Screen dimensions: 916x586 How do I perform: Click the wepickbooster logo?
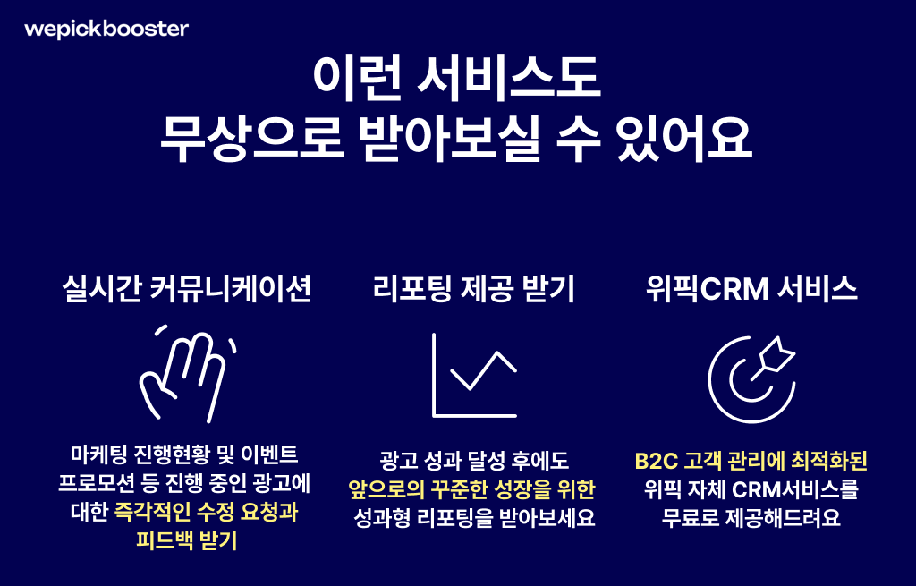[x=106, y=30]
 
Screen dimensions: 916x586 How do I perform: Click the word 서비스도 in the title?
[x=508, y=78]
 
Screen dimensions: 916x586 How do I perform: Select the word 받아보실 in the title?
[x=449, y=140]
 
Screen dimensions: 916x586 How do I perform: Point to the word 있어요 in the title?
[x=683, y=140]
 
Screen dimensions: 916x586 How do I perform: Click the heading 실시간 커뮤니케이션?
[x=187, y=289]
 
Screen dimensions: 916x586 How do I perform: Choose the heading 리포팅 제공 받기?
[x=474, y=289]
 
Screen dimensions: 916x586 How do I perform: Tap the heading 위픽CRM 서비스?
[x=751, y=289]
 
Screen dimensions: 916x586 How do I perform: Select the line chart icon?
[x=434, y=375]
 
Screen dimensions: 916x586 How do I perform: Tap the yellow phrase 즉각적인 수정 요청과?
[x=207, y=513]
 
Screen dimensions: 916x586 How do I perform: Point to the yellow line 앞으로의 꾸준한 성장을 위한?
[x=471, y=489]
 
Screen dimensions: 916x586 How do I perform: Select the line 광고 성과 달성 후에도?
[x=474, y=461]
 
